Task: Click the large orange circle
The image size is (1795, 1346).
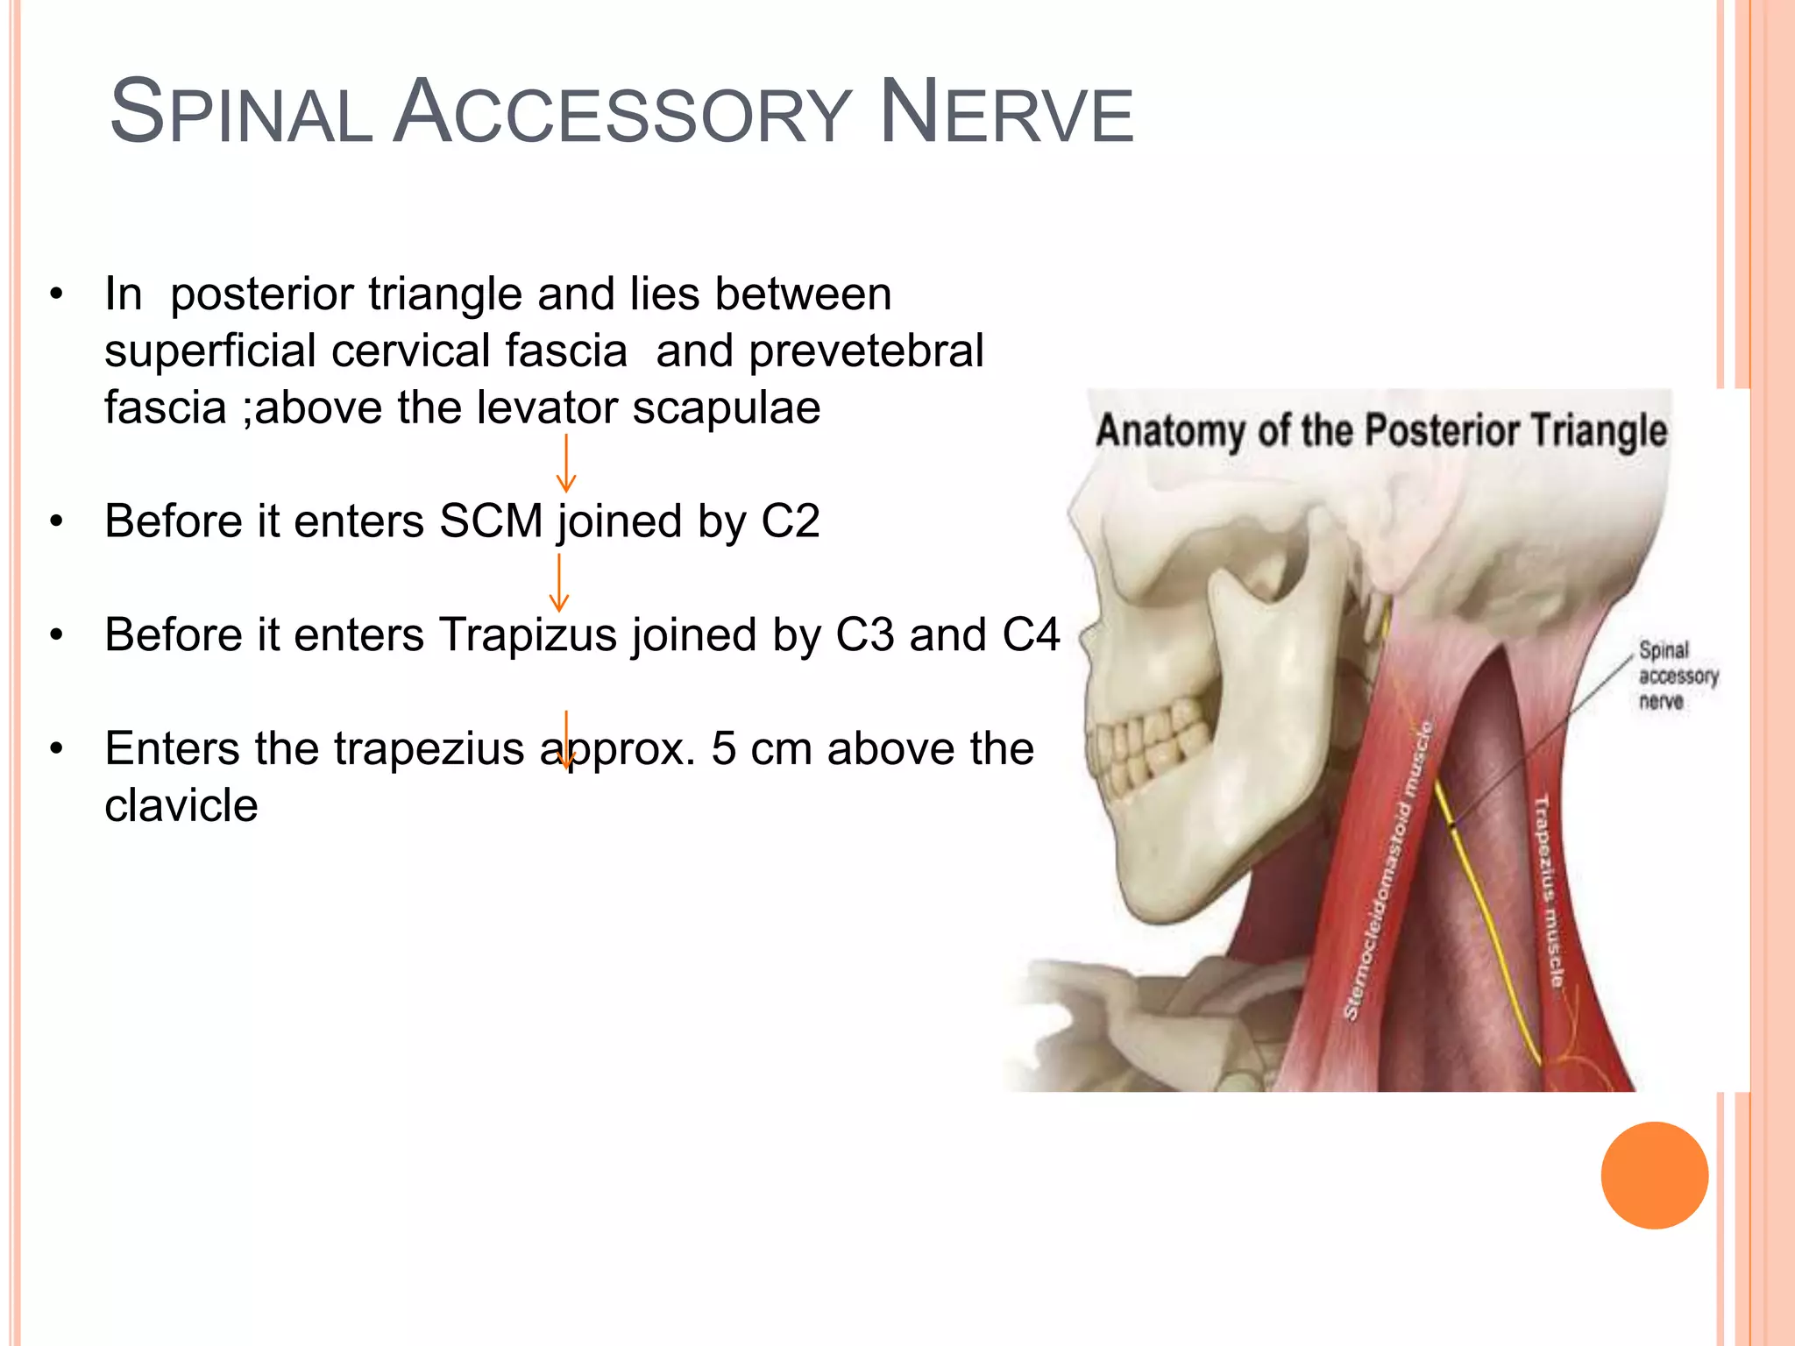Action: click(1654, 1175)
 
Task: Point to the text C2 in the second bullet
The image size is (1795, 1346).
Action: click(790, 521)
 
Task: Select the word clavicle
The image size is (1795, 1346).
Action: click(181, 805)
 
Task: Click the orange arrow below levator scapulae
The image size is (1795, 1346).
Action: click(566, 464)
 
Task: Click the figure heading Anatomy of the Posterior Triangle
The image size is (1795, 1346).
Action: click(1381, 431)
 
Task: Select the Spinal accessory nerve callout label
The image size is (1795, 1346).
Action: click(1677, 676)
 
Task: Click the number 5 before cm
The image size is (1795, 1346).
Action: click(724, 749)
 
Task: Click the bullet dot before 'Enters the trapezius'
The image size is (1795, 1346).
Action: click(57, 749)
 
